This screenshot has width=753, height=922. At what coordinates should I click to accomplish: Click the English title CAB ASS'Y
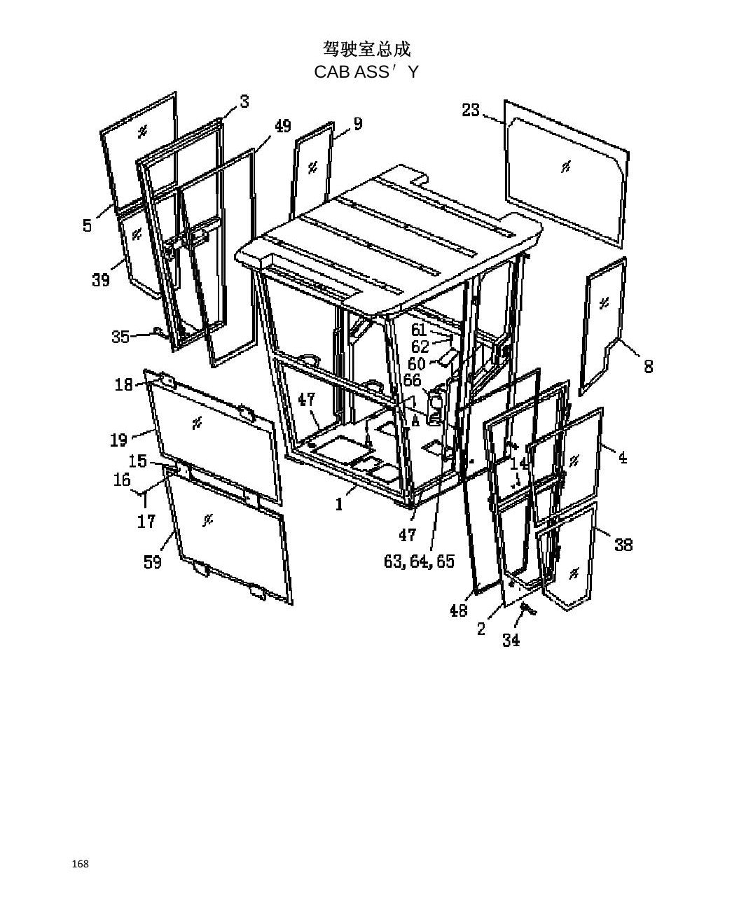pos(366,72)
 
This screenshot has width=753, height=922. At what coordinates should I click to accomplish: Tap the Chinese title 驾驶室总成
pos(366,48)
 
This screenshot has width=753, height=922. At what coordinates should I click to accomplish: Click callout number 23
pos(470,110)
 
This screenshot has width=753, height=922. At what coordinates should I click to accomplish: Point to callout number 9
pos(358,124)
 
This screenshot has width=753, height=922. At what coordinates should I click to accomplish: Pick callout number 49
pos(283,126)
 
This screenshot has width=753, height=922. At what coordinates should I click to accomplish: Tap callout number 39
pos(101,279)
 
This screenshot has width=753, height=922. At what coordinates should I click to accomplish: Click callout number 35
pos(120,337)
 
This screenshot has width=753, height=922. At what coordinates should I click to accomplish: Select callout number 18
pos(123,385)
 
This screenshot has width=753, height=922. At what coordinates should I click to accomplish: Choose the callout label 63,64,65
pos(419,561)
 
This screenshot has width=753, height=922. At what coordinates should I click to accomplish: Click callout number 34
pos(511,640)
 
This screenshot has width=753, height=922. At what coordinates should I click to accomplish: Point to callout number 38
pos(623,545)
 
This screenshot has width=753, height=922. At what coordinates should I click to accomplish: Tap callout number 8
pos(649,366)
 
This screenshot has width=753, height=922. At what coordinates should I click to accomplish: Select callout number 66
pos(412,380)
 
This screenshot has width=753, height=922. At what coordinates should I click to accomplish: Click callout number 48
pos(459,610)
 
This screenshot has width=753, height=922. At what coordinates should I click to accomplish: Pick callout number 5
pos(87,225)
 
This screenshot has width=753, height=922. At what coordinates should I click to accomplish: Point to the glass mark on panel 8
pos(605,302)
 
